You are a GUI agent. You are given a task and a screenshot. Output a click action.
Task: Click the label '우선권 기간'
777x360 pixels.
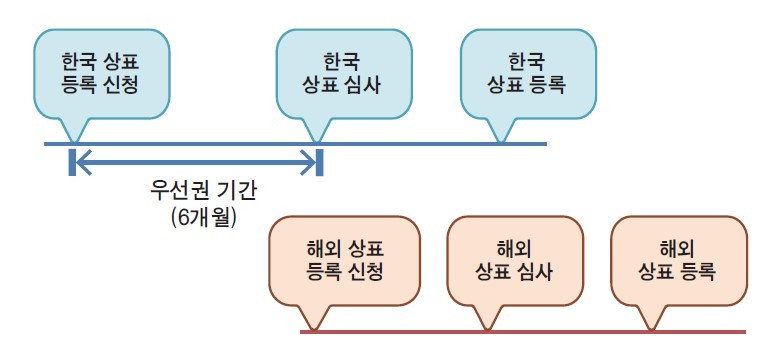click(x=196, y=190)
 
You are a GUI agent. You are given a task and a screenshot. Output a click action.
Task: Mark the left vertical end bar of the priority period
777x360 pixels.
click(x=73, y=160)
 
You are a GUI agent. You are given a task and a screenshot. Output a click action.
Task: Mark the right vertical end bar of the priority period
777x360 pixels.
click(x=319, y=160)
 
